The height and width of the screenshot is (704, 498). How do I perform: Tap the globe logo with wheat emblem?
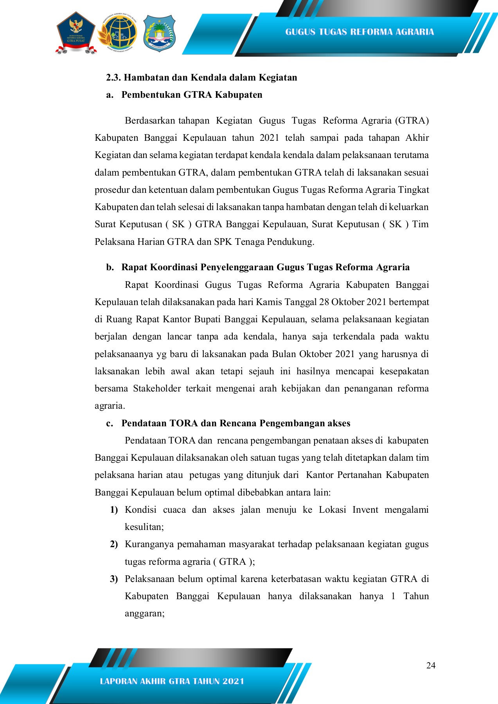point(117,33)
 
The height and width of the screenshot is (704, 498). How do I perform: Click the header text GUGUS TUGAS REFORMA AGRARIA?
point(359,32)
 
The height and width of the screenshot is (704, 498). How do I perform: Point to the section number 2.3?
point(113,77)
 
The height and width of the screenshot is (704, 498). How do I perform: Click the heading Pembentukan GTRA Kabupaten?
point(192,95)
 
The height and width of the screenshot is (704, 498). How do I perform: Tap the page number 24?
point(431,665)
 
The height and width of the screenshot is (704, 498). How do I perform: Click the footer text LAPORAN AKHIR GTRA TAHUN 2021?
point(172,681)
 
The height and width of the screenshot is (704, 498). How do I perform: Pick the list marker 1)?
point(114,510)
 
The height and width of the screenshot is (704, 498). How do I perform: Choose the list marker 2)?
point(114,544)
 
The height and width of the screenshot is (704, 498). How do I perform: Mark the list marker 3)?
point(114,579)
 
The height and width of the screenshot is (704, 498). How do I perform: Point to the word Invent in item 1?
point(365,510)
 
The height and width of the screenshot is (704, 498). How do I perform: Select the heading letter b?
point(110,267)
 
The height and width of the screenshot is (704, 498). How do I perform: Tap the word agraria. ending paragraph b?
point(110,406)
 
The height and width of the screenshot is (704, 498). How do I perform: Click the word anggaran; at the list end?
point(144,613)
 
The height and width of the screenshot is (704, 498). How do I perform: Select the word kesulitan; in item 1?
point(144,527)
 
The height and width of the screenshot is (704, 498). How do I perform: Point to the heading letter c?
point(110,423)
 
